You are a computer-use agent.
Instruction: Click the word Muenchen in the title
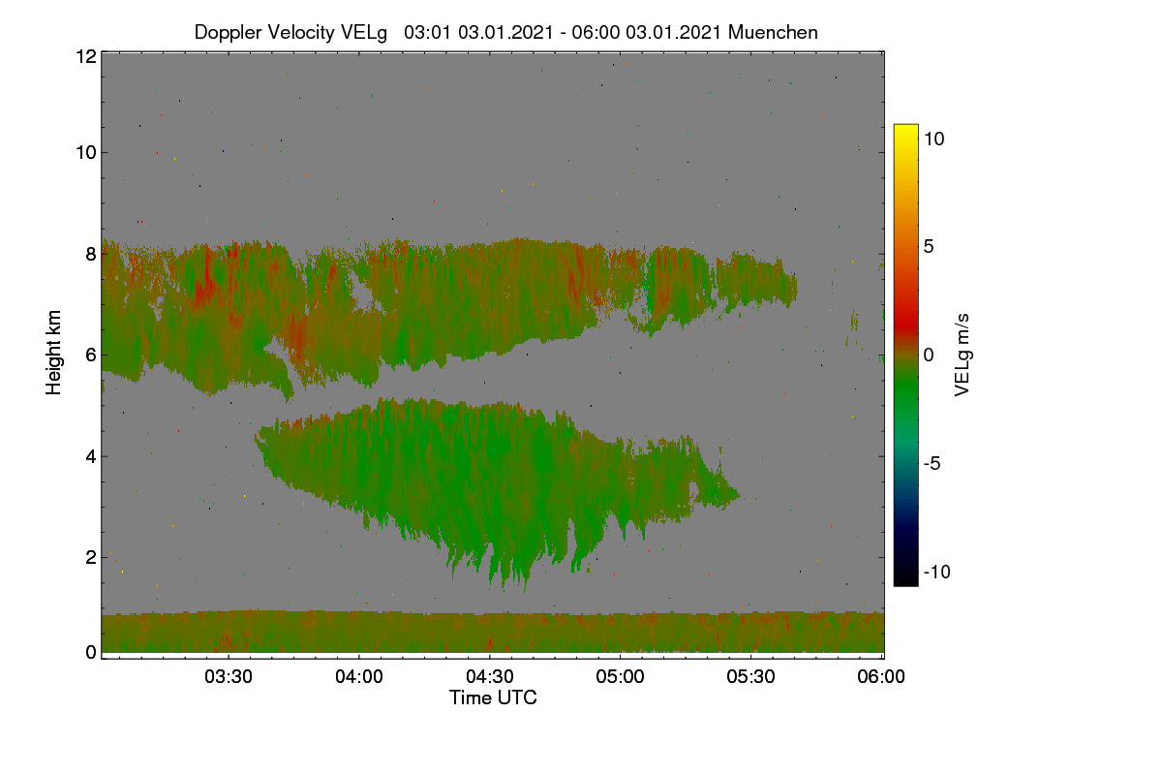(x=773, y=32)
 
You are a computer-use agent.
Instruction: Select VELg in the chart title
(x=364, y=33)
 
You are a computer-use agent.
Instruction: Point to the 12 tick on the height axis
(x=86, y=56)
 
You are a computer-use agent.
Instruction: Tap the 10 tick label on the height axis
(x=86, y=153)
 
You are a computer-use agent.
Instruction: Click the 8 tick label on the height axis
(x=91, y=254)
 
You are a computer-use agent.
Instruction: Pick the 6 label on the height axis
(x=91, y=356)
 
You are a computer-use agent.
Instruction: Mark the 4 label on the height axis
(x=91, y=456)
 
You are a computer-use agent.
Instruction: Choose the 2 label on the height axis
(x=91, y=557)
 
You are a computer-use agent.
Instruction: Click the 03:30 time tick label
(x=229, y=676)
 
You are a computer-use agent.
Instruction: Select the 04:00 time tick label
(x=359, y=676)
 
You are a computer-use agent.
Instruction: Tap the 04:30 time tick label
(x=490, y=676)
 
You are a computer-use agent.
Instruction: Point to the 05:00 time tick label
(x=620, y=676)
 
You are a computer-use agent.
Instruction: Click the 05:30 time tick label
(x=750, y=676)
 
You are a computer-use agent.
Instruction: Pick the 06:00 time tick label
(x=881, y=676)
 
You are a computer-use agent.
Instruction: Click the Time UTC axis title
(x=493, y=697)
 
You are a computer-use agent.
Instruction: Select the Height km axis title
(x=53, y=353)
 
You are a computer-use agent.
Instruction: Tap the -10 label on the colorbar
(x=937, y=572)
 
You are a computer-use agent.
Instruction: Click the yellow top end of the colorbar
(x=905, y=127)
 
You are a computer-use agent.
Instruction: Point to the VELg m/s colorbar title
(x=962, y=356)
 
